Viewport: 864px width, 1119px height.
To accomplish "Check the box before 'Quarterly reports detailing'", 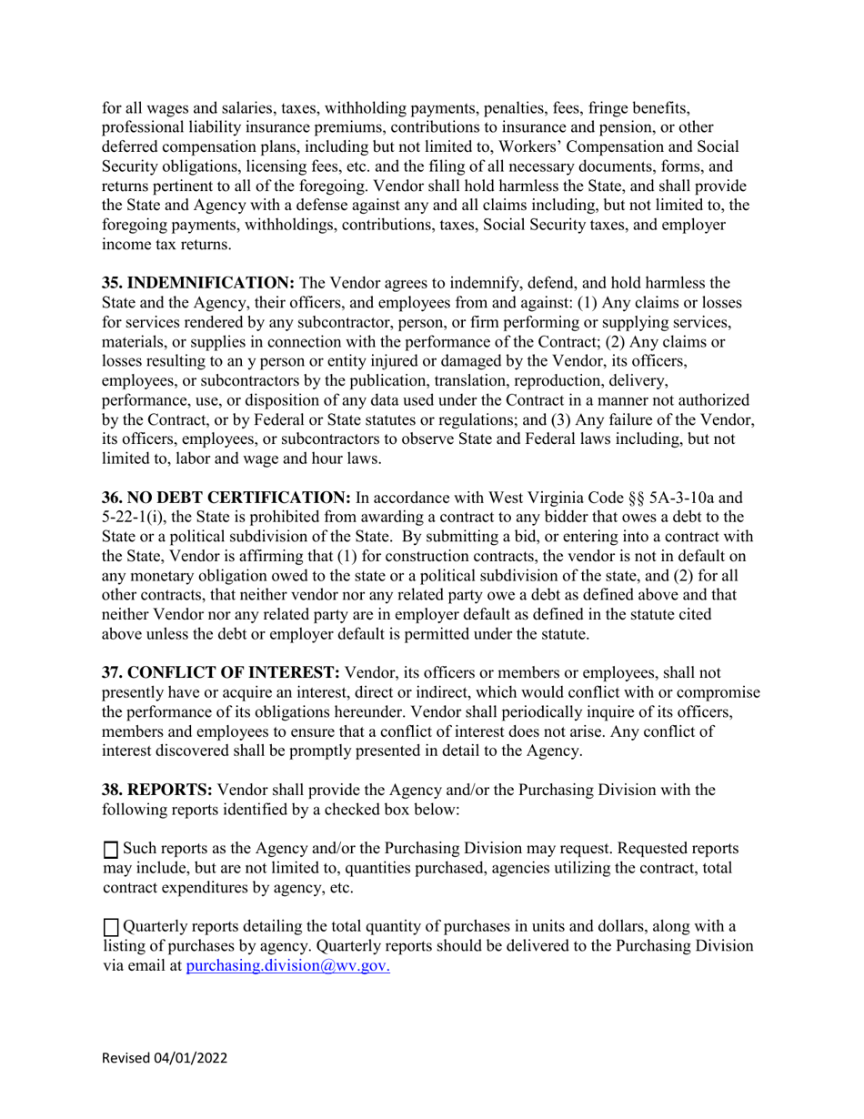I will click(111, 928).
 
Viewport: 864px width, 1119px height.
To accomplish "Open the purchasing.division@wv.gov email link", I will click(288, 966).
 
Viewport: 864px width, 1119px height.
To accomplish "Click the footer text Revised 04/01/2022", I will click(165, 1058).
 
